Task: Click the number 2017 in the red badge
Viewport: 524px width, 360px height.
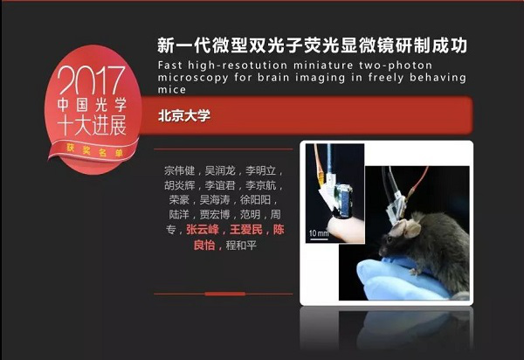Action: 91,80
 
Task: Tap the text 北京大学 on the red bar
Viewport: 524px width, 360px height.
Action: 184,115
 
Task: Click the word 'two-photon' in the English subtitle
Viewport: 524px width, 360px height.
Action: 396,65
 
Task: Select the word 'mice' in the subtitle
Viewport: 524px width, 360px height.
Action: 172,89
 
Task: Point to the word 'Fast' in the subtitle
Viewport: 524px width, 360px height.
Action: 170,65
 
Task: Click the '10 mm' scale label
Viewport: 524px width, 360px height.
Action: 319,232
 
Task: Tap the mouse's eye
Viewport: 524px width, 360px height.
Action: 390,239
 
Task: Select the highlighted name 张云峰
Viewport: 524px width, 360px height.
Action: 203,229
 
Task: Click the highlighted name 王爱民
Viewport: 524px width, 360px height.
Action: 246,229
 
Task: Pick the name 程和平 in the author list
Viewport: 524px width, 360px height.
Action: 241,245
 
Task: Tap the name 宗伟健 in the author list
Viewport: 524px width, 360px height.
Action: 179,170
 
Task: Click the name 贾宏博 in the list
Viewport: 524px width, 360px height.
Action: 215,214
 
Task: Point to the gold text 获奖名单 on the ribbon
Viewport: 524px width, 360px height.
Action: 94,151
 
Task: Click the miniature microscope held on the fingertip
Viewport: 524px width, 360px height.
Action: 339,199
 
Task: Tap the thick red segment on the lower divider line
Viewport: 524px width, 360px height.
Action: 225,294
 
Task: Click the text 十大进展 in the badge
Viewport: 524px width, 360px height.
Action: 92,126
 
